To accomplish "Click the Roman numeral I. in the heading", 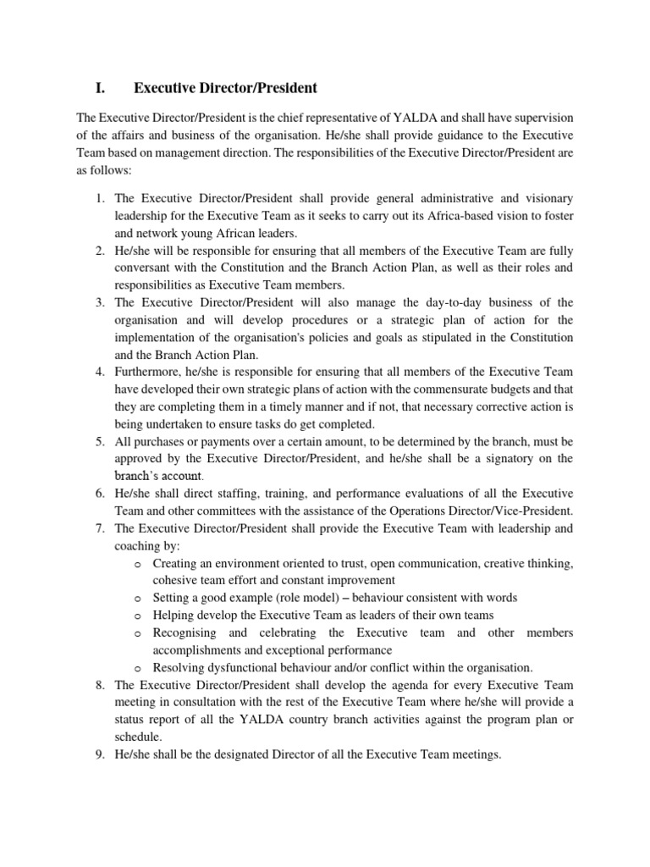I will point(100,88).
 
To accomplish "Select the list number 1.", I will point(99,198).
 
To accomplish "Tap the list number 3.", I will point(99,303).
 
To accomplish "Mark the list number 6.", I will point(99,494).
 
